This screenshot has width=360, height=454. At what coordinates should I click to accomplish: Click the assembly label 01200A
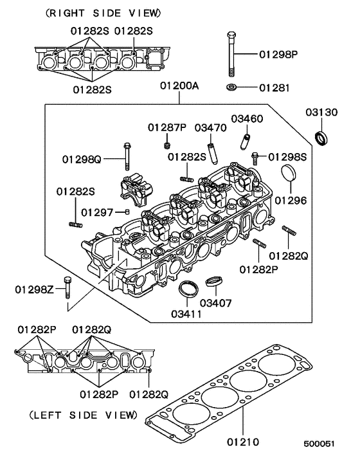tap(180, 86)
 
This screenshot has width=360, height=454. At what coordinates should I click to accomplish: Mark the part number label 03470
tap(211, 127)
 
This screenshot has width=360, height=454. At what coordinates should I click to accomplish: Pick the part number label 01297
tap(96, 211)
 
